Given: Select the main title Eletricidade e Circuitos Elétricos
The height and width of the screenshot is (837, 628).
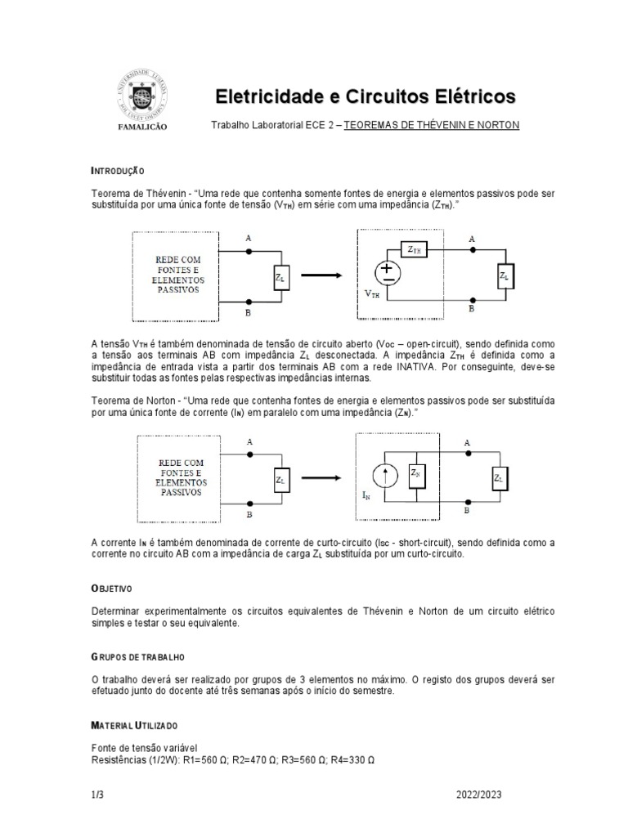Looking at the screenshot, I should coord(366,96).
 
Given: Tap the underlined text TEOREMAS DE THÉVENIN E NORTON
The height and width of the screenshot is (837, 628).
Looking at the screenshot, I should coord(431,125).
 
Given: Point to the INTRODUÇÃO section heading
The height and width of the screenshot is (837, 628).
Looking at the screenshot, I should coord(118,171).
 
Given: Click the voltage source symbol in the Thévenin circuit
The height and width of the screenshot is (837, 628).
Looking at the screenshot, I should coord(387,273).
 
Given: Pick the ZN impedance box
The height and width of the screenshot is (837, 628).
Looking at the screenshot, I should coord(416,473).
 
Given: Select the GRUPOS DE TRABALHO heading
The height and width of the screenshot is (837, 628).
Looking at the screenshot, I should coord(137,656).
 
